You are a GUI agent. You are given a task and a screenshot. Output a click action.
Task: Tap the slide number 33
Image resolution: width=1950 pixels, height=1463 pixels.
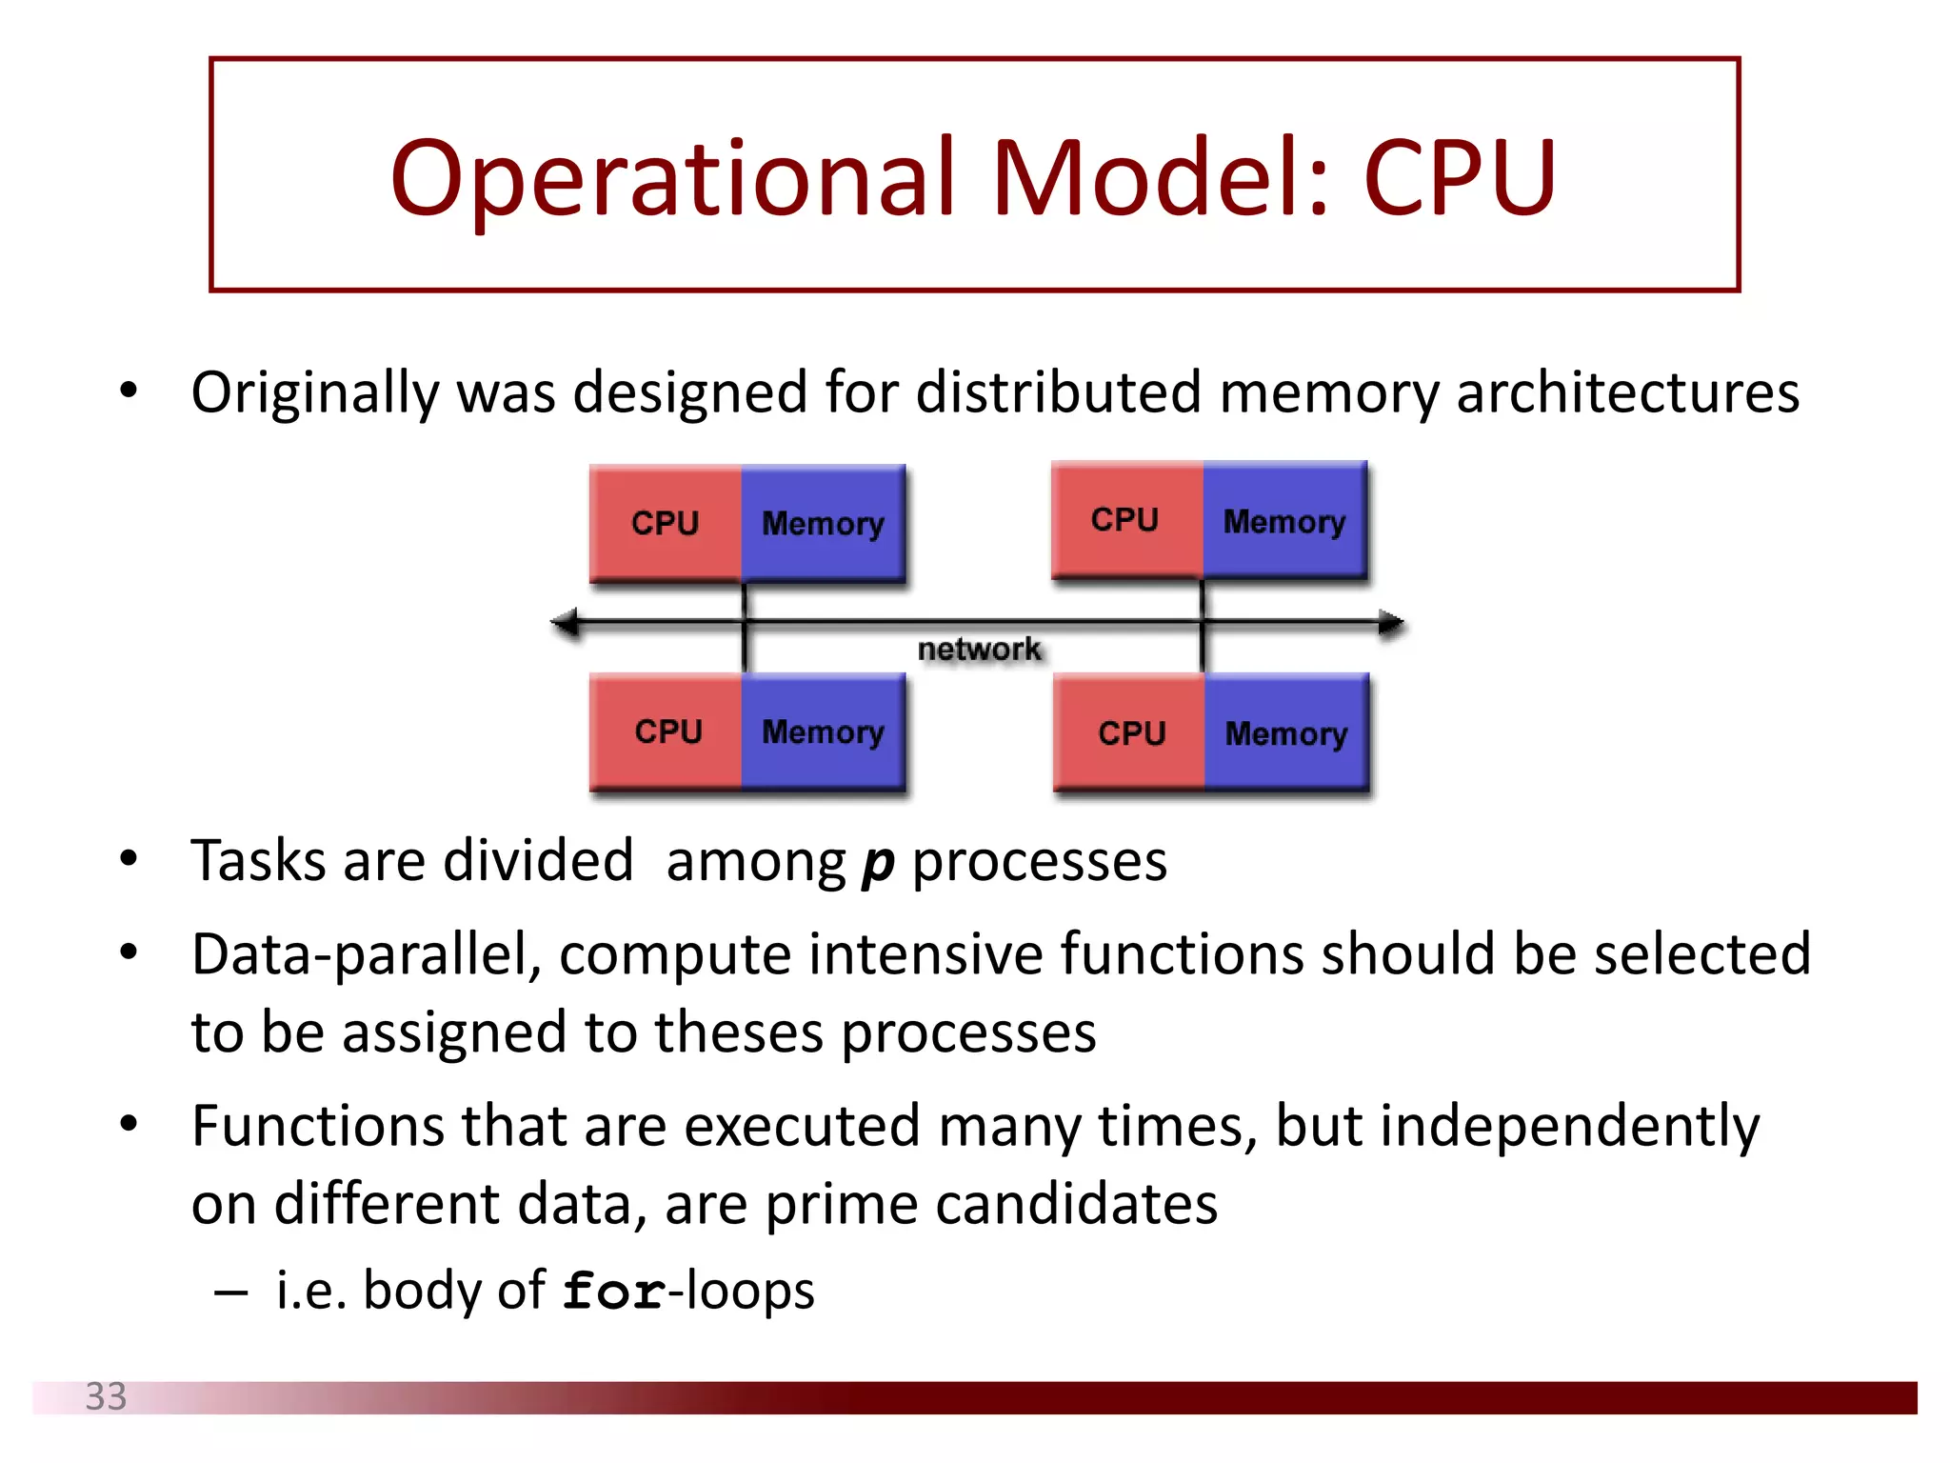[106, 1396]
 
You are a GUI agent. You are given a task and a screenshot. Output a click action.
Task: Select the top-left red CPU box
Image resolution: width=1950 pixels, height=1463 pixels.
[666, 522]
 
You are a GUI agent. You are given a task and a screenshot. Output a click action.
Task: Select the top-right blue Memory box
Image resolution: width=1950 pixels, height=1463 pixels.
[1284, 520]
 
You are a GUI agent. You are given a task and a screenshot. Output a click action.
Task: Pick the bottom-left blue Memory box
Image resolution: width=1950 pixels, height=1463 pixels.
[823, 731]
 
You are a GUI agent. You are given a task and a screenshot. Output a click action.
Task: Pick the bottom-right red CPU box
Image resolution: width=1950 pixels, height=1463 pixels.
[1131, 732]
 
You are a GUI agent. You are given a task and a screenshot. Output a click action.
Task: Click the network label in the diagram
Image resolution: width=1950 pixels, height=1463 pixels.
[979, 650]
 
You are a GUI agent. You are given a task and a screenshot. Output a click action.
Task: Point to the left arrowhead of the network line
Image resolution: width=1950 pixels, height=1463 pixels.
[564, 623]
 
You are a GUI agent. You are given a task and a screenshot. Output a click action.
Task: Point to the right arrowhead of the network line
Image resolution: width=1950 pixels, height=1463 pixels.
[1391, 623]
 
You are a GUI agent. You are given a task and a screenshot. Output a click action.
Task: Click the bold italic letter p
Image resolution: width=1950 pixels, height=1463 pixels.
[878, 863]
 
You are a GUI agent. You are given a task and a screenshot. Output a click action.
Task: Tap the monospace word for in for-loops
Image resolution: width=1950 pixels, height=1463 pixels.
[614, 1292]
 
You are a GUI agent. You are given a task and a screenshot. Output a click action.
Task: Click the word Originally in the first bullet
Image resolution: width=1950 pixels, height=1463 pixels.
[314, 392]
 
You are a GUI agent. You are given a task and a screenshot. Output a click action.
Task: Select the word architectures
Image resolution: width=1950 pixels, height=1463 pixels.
[1627, 392]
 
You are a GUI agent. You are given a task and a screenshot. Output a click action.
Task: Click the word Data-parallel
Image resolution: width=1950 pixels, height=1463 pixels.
[367, 955]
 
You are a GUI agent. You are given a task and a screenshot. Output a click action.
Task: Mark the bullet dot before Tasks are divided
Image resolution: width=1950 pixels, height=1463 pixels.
[129, 859]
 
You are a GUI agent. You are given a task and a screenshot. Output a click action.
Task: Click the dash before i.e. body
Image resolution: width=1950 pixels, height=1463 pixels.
[231, 1293]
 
